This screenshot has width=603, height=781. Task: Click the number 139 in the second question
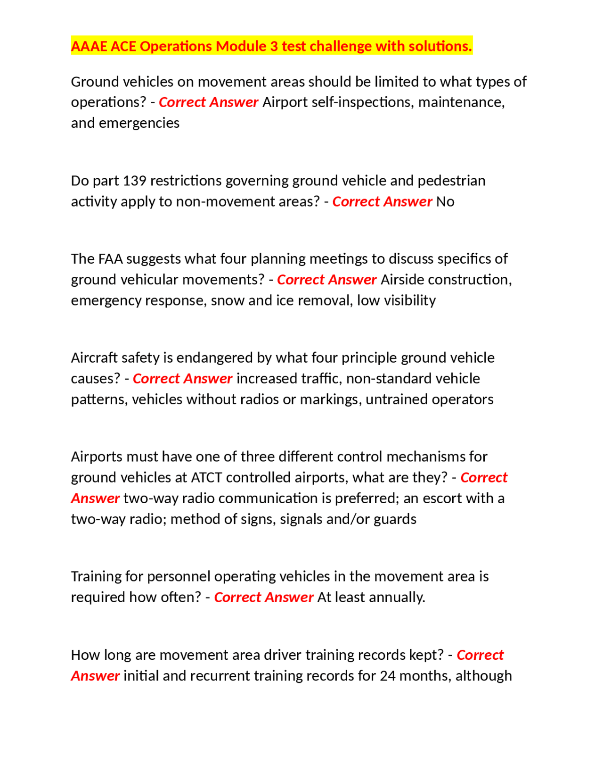pos(134,181)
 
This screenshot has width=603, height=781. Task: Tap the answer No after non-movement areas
pos(445,202)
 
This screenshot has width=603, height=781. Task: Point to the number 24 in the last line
pos(388,676)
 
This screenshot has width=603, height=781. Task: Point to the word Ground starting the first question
pos(95,82)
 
